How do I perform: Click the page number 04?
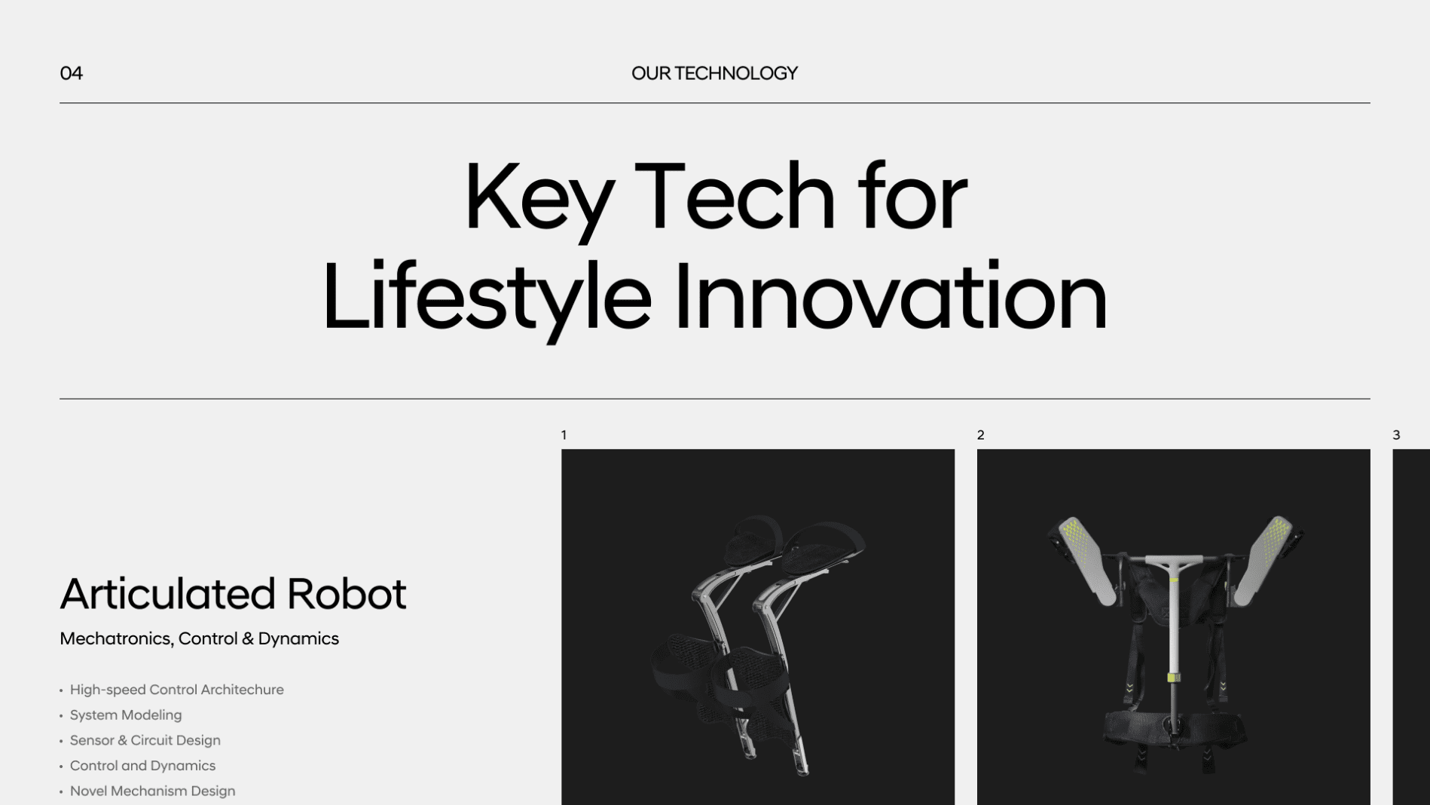71,73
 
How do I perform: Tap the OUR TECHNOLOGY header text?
714,73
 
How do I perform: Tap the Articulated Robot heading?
233,593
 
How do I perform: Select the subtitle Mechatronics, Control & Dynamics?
199,638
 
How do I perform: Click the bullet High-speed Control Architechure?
176,690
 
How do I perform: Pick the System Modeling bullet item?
126,715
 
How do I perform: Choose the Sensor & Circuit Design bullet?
145,740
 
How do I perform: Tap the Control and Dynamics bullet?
142,766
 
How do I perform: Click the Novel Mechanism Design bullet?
152,791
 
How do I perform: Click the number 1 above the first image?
564,435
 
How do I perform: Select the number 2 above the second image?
980,435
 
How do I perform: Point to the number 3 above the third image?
1396,435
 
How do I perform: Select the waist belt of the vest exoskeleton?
1173,728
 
